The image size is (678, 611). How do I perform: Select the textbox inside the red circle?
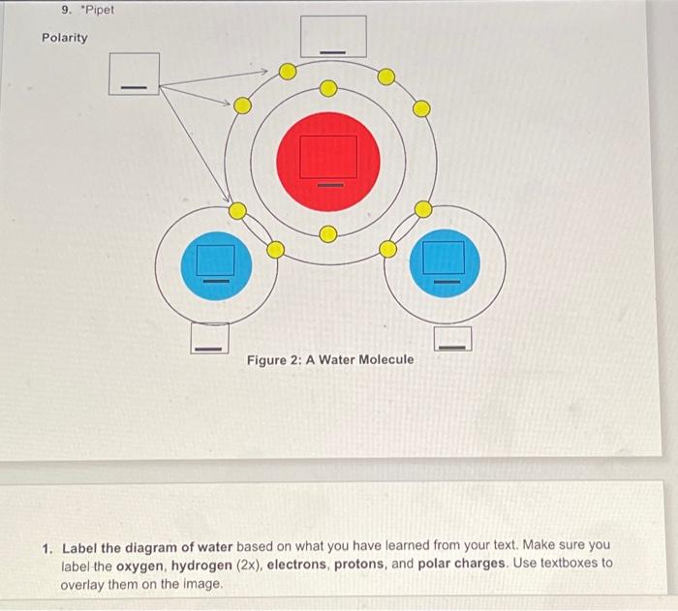(x=328, y=157)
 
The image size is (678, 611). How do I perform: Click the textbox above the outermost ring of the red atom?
(x=332, y=37)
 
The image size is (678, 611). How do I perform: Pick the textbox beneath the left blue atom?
(x=210, y=337)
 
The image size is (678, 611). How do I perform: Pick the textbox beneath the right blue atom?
(x=452, y=339)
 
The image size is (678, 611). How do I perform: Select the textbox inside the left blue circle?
(x=216, y=260)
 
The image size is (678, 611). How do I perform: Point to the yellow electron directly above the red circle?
(x=327, y=89)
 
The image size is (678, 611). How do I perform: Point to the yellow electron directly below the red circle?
(x=327, y=233)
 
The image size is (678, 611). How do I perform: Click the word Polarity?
(x=64, y=38)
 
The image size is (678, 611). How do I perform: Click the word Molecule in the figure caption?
(x=385, y=360)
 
